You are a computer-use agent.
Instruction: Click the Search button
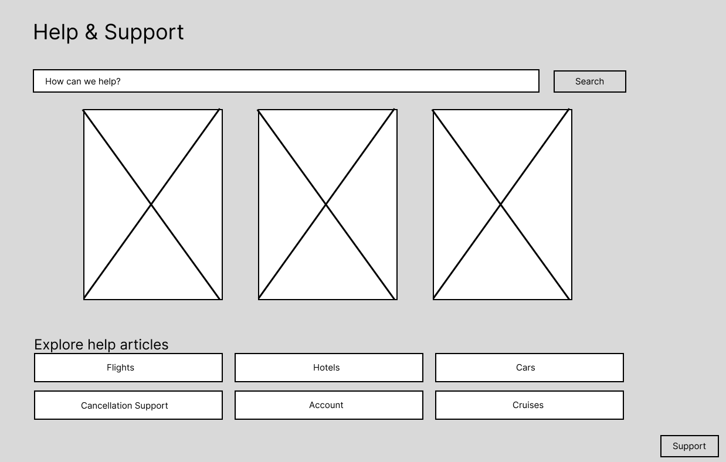click(589, 81)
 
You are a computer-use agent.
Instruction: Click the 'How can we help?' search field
click(286, 81)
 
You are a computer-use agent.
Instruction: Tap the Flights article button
click(128, 368)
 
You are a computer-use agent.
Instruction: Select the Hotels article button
click(328, 368)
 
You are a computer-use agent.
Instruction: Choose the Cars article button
click(529, 368)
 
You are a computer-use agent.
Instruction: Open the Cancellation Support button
click(128, 405)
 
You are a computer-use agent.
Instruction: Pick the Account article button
click(328, 405)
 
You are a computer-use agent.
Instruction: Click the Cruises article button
click(529, 405)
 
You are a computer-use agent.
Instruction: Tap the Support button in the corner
click(689, 446)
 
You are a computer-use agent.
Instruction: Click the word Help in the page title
click(55, 32)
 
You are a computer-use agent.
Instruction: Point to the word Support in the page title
click(144, 33)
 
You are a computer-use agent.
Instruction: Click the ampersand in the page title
click(91, 32)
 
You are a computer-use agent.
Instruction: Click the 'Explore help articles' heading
click(101, 345)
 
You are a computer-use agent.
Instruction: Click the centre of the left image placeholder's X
click(152, 204)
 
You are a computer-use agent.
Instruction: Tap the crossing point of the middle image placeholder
click(326, 204)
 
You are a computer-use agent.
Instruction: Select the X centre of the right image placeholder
click(501, 204)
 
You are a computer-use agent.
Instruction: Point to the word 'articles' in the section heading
click(144, 345)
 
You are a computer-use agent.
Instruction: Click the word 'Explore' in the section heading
click(59, 345)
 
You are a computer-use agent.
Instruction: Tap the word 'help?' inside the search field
click(109, 81)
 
